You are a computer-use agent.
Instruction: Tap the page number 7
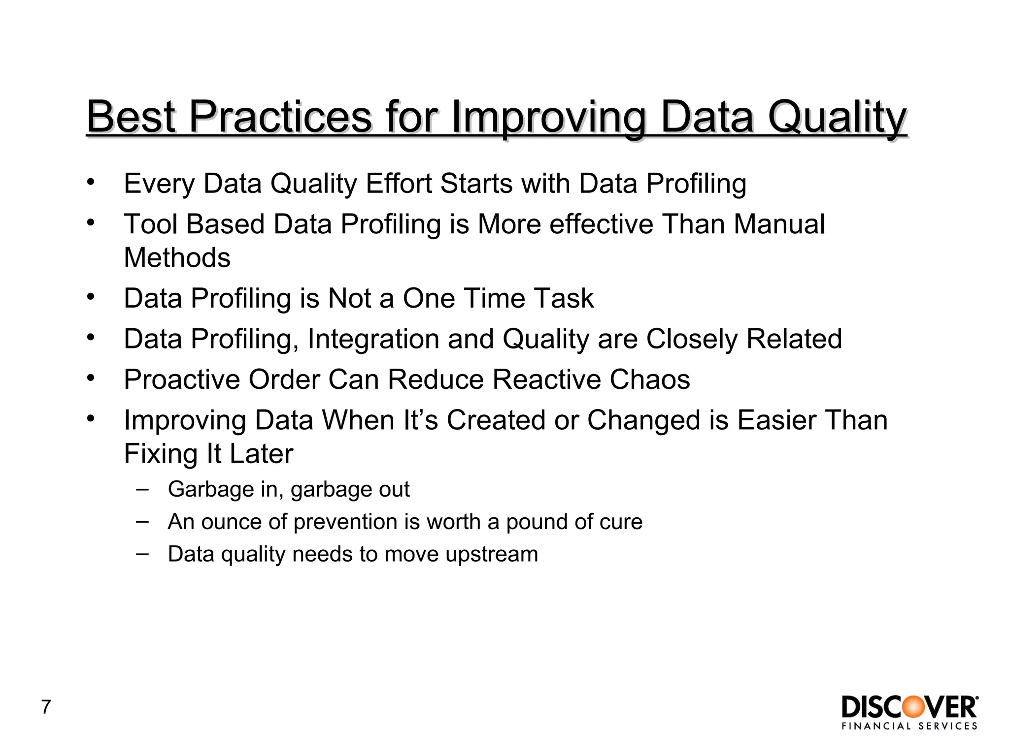tap(46, 707)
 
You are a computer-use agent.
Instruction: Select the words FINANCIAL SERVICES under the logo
tap(909, 726)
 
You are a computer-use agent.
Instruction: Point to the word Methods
tap(177, 257)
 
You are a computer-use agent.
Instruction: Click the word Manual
tap(779, 224)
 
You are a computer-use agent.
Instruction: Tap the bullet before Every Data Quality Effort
tap(90, 183)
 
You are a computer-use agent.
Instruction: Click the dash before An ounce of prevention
tap(142, 521)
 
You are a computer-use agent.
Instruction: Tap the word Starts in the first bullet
tap(476, 184)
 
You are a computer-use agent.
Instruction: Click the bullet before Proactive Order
tap(90, 378)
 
